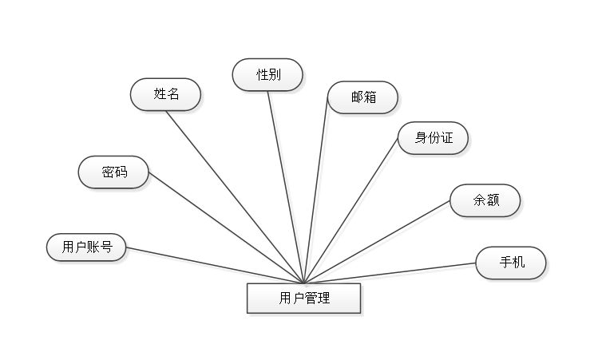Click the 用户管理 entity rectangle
click(304, 299)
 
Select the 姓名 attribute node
click(166, 94)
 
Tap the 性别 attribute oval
click(267, 75)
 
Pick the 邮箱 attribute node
click(362, 97)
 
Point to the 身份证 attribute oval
click(434, 137)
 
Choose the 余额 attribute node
click(485, 200)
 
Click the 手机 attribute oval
click(511, 263)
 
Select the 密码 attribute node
click(113, 172)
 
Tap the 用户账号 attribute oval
click(87, 247)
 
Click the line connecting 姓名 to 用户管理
click(237, 196)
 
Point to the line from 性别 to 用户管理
click(287, 186)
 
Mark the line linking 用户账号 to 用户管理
click(216, 266)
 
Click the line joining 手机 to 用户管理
click(391, 272)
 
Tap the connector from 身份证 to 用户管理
click(353, 213)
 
